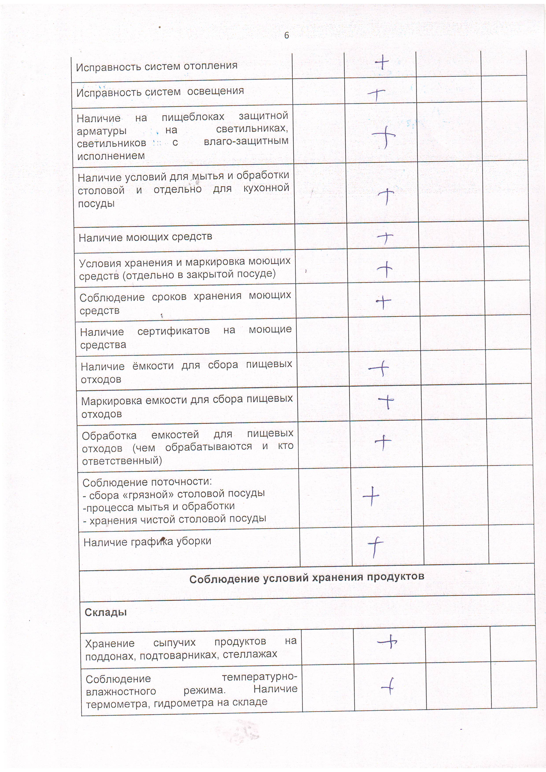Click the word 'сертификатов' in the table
point(173,331)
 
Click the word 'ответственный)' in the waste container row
point(122,461)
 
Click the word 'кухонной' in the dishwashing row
point(266,188)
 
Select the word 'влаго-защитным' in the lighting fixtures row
point(246,141)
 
